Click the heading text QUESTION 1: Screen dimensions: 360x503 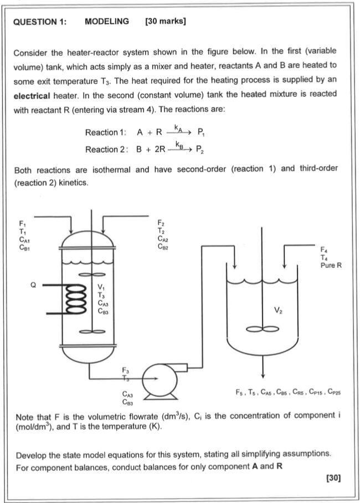(x=40, y=22)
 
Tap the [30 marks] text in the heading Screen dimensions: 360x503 (x=164, y=22)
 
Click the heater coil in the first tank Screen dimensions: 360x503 (x=74, y=300)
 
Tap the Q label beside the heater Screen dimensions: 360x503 (x=33, y=286)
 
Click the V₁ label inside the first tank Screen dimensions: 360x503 (x=100, y=287)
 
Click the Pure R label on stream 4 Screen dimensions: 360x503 (x=331, y=266)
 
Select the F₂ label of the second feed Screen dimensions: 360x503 (x=161, y=223)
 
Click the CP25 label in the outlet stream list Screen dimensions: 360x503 (x=334, y=392)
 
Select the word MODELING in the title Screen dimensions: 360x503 (x=107, y=22)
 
